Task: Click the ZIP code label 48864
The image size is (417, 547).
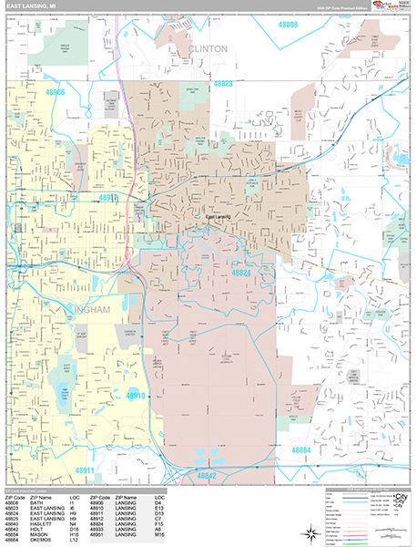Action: pyautogui.click(x=304, y=449)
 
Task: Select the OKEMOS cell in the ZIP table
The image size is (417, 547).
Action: pyautogui.click(x=42, y=542)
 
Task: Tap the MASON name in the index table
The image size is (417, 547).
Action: pyautogui.click(x=39, y=537)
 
